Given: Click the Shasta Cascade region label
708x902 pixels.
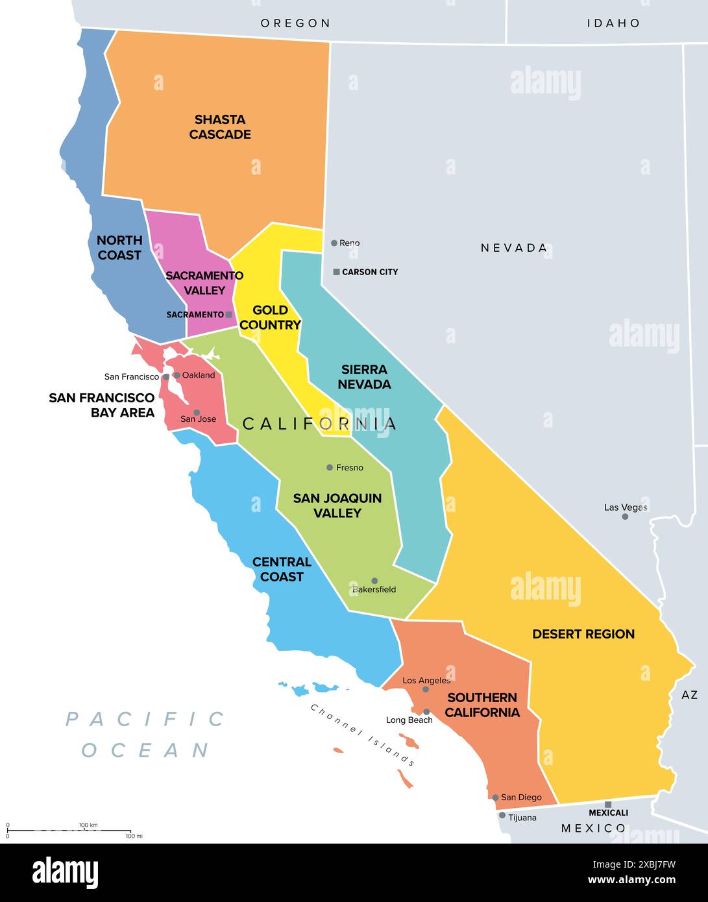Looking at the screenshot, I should (220, 127).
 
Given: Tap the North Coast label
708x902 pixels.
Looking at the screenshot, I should (119, 248).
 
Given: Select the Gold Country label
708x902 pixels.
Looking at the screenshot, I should (270, 317).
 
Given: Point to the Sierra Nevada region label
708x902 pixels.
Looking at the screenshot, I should (364, 377).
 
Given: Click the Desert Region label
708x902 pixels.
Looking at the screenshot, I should (583, 634).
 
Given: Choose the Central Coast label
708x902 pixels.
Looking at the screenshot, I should (282, 569).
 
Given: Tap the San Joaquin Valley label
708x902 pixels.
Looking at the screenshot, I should (337, 506).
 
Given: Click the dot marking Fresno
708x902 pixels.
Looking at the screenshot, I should (330, 467).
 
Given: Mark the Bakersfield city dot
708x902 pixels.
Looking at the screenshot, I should (374, 581).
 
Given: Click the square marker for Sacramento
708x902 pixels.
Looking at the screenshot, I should (228, 315).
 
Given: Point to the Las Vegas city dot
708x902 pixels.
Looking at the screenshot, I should (625, 517).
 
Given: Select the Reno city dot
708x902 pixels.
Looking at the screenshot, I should (334, 243).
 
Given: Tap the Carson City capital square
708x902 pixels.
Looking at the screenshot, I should (336, 272).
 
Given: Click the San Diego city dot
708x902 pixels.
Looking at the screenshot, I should (495, 798).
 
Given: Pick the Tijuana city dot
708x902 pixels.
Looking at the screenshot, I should (502, 815).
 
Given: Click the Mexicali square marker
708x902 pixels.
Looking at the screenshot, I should (608, 805).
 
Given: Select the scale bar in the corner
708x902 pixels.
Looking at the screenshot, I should (69, 831).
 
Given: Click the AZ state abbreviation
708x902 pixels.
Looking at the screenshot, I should (689, 695).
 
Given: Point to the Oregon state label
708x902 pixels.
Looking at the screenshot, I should (295, 23).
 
